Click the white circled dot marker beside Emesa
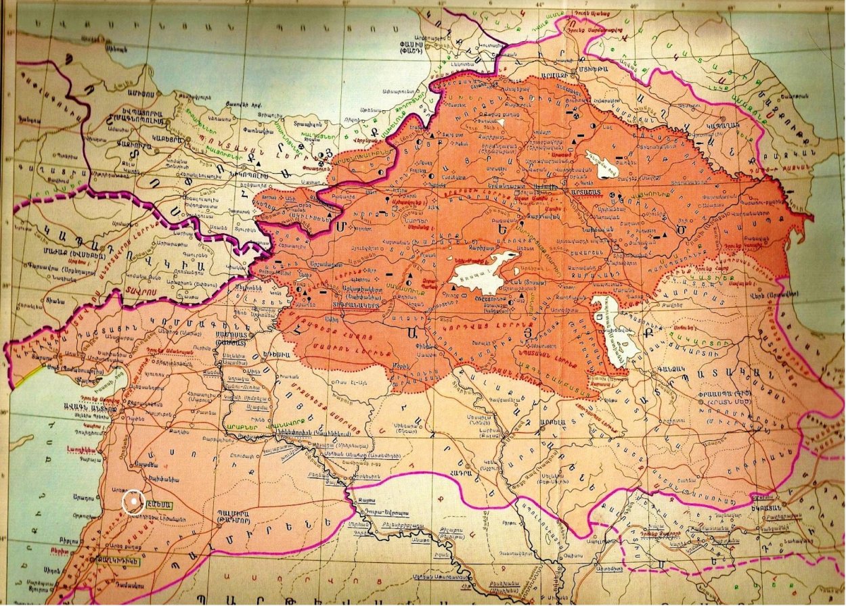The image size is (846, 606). (134, 501)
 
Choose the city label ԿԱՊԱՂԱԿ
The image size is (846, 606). (732, 126)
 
